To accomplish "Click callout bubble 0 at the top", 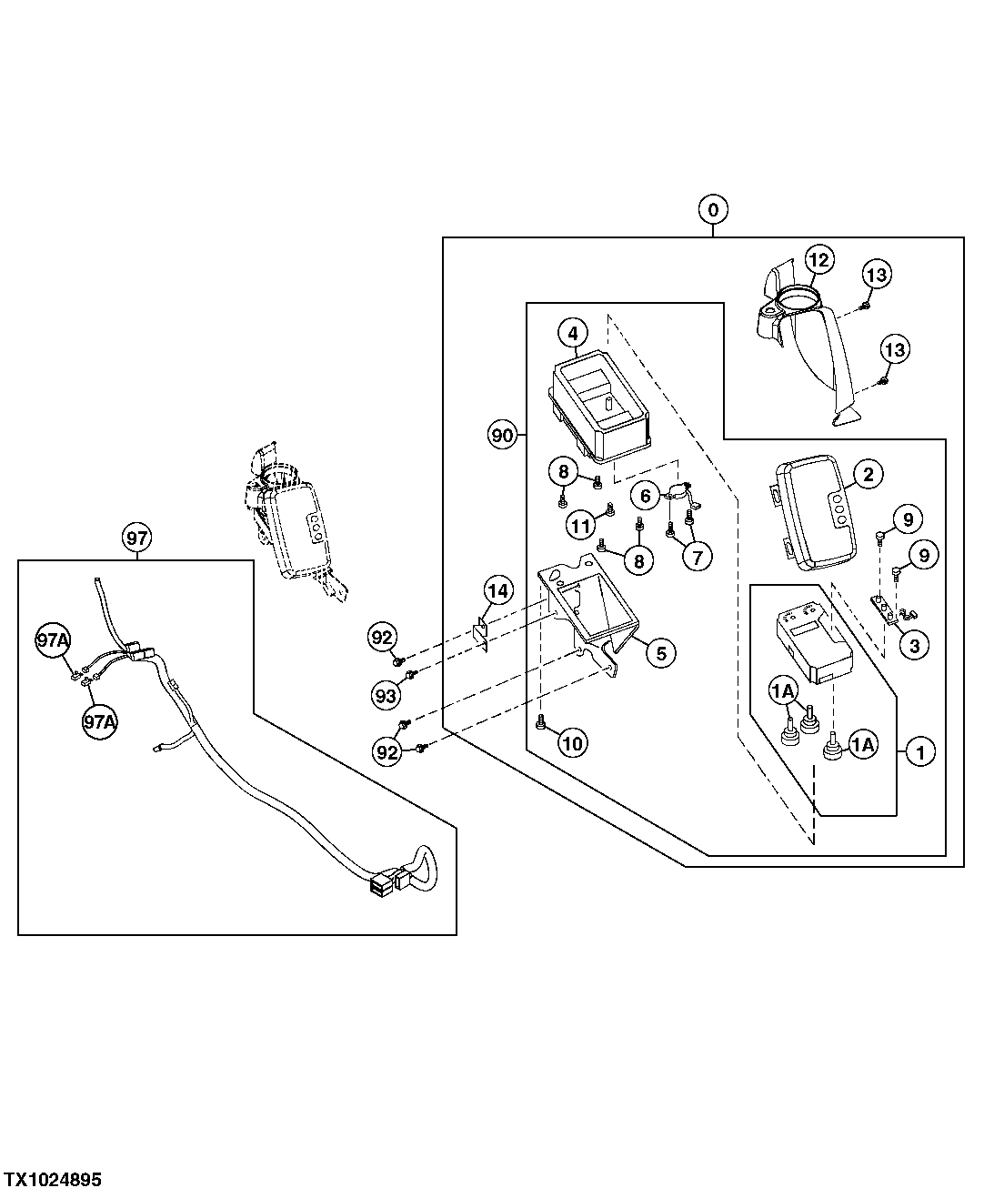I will [713, 210].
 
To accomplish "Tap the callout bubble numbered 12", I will [818, 260].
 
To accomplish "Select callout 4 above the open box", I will [573, 333].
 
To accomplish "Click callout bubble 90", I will [502, 435].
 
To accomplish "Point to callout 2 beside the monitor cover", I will [867, 473].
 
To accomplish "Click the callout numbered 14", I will [497, 590].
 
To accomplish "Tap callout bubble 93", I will [386, 696].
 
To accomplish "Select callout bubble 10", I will [573, 743].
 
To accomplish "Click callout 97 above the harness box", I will [136, 539].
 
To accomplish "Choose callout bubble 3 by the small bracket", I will [913, 646].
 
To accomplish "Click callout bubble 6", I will [646, 497].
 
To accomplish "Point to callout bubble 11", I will [581, 525].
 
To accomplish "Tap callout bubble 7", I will [697, 557].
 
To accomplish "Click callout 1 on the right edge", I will [920, 752].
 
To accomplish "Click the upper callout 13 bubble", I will [877, 274].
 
